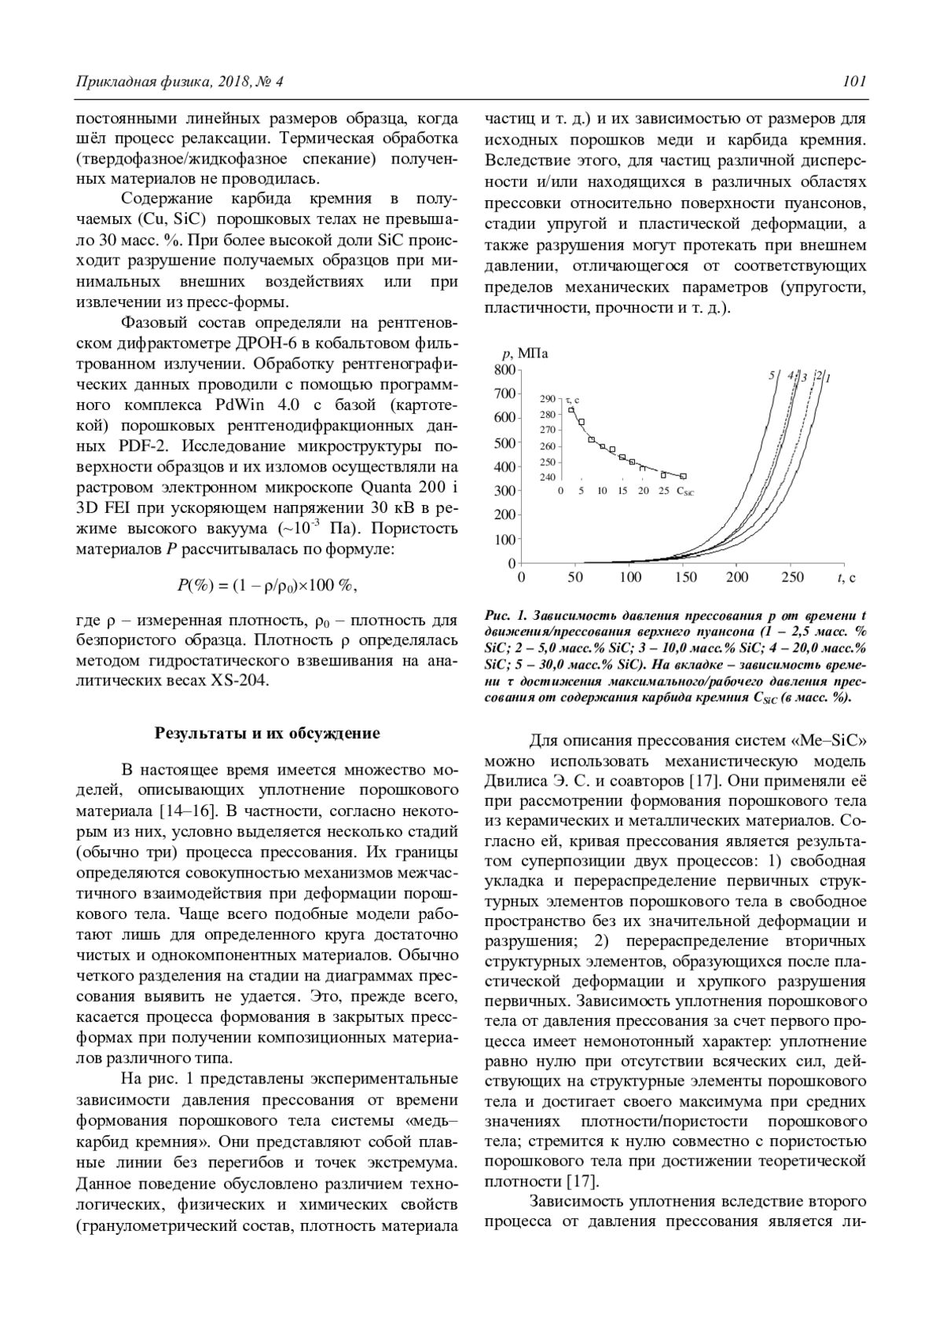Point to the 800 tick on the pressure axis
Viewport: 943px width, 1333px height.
pyautogui.click(x=504, y=369)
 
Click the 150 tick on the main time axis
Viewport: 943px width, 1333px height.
pyautogui.click(x=686, y=578)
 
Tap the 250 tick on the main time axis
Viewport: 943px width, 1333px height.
pyautogui.click(x=793, y=578)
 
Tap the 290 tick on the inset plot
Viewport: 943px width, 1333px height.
pyautogui.click(x=548, y=399)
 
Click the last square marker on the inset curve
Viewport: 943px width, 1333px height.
pyautogui.click(x=683, y=476)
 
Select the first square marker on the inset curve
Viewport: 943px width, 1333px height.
pyautogui.click(x=572, y=409)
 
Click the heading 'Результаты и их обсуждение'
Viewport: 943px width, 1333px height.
pyautogui.click(x=266, y=734)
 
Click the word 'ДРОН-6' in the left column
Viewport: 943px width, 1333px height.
pyautogui.click(x=264, y=342)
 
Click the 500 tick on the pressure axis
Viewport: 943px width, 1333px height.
pyautogui.click(x=504, y=442)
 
